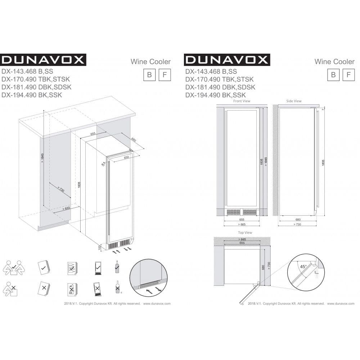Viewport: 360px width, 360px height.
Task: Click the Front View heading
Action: pos(242,101)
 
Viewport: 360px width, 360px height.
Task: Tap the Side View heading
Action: pos(294,101)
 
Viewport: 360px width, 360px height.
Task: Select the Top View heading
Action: pos(245,233)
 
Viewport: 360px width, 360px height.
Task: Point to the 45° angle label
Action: pos(303,267)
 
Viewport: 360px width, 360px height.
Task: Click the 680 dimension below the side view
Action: pos(298,219)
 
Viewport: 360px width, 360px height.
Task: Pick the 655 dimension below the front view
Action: pos(242,219)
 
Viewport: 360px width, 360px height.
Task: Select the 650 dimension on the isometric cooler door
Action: pos(126,158)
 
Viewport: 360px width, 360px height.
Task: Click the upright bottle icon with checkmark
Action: pos(117,266)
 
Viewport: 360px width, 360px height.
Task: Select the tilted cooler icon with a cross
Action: pos(97,288)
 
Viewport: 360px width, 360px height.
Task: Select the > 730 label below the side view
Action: pos(298,224)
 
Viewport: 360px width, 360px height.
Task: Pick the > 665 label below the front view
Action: pos(242,224)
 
